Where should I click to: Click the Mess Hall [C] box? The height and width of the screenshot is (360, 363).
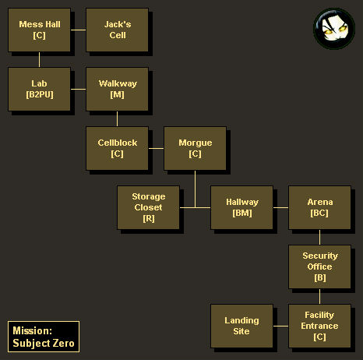[39, 30]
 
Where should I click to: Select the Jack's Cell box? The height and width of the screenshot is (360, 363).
[117, 30]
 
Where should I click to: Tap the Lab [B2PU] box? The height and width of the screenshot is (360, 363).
[39, 89]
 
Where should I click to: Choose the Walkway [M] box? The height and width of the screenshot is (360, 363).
[117, 89]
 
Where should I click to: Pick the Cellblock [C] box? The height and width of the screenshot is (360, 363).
[117, 148]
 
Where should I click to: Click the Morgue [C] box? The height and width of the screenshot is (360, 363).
[195, 148]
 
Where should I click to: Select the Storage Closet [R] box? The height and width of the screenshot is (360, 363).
[148, 207]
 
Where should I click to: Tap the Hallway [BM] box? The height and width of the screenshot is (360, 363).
[241, 207]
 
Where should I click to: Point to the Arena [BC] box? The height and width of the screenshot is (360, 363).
[319, 207]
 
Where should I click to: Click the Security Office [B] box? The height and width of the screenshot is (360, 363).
[319, 266]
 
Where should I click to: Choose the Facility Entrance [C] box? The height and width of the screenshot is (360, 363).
[319, 326]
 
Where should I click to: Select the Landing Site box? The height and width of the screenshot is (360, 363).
[241, 326]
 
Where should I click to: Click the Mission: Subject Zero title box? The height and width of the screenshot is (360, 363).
[44, 337]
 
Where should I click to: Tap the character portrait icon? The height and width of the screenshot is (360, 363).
[334, 29]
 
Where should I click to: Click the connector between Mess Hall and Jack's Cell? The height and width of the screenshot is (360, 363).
[78, 30]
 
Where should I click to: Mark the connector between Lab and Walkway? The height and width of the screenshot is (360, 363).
[78, 89]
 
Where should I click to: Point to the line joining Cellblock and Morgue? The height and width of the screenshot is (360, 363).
[156, 148]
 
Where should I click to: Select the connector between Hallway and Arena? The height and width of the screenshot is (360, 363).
[280, 207]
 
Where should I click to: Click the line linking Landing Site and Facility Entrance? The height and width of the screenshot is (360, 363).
[280, 326]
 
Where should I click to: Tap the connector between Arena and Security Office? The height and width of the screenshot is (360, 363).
[319, 237]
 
